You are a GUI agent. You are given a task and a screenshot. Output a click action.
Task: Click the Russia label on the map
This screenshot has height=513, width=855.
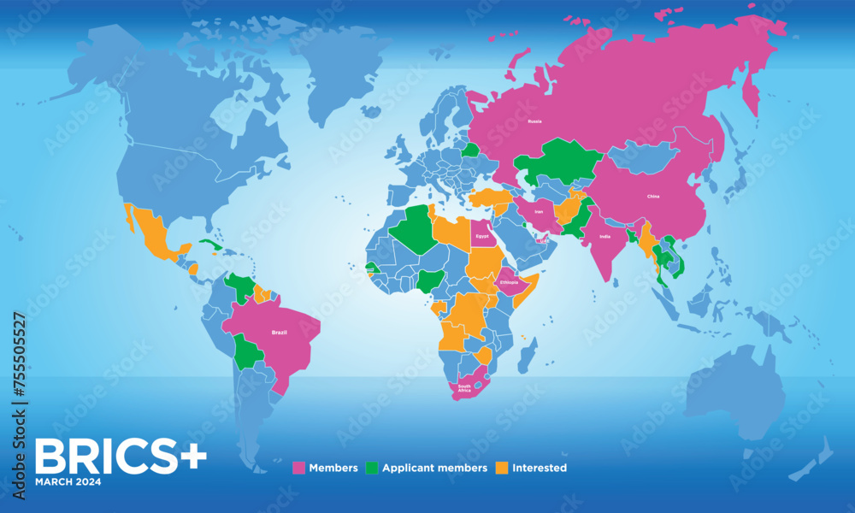click(534, 121)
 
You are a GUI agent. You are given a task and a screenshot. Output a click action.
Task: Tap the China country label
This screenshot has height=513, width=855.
click(652, 196)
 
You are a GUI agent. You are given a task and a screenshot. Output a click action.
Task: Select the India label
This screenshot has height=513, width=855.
click(605, 237)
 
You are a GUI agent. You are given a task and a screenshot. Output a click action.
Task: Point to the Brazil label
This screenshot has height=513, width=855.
click(278, 331)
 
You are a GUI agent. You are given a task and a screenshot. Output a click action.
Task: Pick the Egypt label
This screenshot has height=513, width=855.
click(482, 235)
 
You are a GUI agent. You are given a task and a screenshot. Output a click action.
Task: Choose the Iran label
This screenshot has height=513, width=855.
click(538, 211)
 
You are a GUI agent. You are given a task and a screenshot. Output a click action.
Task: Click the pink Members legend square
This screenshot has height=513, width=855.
click(299, 468)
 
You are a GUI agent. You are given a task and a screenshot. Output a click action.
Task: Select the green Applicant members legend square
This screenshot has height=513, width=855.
click(372, 468)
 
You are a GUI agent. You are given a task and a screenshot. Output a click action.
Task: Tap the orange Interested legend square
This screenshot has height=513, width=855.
click(502, 468)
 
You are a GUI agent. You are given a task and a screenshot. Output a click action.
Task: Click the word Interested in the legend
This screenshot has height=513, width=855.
click(540, 468)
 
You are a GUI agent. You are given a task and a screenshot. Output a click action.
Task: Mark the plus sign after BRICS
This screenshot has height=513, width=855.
click(192, 457)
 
